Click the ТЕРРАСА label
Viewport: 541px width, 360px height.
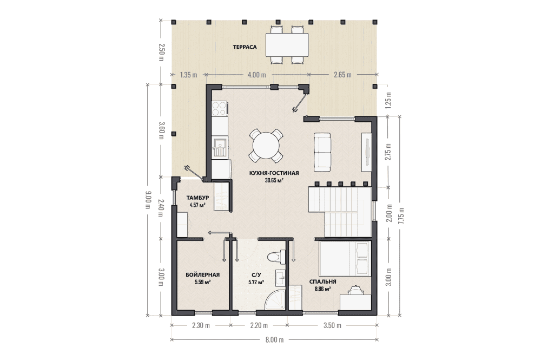point(245,47)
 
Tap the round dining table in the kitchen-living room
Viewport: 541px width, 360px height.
point(266,146)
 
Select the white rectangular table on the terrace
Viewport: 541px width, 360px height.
point(287,44)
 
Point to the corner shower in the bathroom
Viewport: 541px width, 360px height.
point(275,299)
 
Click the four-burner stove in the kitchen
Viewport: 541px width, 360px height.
point(220,108)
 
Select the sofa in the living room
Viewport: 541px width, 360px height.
point(322,152)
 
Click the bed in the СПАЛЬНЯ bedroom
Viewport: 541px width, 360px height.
point(345,259)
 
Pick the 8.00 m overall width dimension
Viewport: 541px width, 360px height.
point(275,339)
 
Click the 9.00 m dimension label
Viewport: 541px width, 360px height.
point(148,200)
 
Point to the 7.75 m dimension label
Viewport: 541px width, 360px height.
point(400,217)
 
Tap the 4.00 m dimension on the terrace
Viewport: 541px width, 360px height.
point(256,75)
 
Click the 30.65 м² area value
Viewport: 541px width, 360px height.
point(274,180)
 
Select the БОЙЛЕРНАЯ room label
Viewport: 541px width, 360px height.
point(202,275)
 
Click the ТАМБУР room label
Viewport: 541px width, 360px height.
point(197,198)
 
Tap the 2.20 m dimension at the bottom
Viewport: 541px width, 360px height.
point(259,325)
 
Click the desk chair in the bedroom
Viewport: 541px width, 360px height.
point(355,290)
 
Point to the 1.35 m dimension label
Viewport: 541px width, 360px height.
point(188,75)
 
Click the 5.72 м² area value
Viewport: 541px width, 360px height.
point(256,282)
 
